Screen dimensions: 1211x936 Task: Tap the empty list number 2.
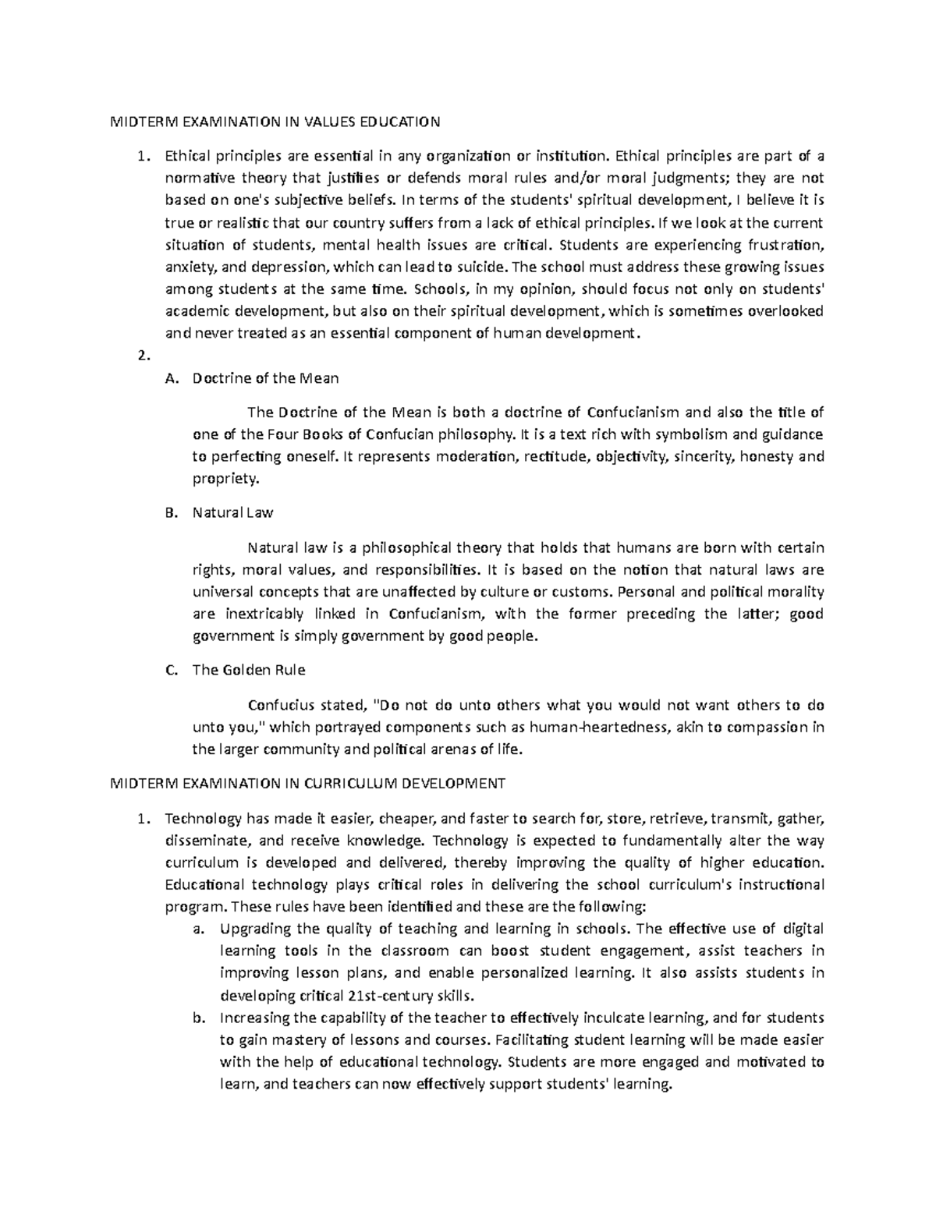141,356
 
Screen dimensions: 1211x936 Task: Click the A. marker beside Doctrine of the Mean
172,378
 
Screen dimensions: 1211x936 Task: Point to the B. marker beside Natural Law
172,513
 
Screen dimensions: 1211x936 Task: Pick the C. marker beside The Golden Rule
172,670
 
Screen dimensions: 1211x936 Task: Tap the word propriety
225,479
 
